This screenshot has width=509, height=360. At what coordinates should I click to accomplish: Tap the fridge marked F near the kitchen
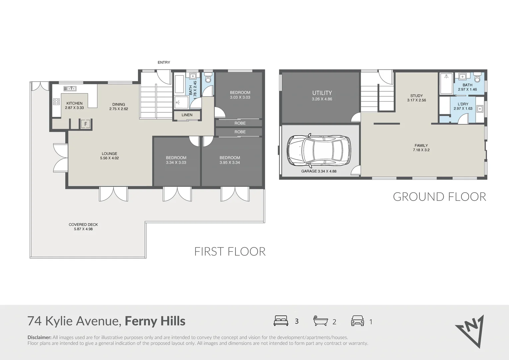pyautogui.click(x=86, y=124)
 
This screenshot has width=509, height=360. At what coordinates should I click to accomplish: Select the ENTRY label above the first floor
pyautogui.click(x=164, y=62)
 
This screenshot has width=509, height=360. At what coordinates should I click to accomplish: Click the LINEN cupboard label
pyautogui.click(x=187, y=115)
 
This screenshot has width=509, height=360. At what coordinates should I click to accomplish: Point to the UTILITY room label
pyautogui.click(x=322, y=93)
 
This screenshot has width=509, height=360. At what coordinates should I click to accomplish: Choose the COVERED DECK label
pyautogui.click(x=83, y=224)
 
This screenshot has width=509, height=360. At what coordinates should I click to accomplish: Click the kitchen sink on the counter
pyautogui.click(x=70, y=88)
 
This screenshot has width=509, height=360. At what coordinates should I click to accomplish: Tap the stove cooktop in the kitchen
pyautogui.click(x=56, y=102)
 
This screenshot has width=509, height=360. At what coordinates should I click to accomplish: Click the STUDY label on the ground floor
pyautogui.click(x=416, y=96)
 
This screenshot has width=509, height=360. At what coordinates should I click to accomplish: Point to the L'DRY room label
pyautogui.click(x=463, y=104)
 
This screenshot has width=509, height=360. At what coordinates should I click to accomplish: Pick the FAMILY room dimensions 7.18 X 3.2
pyautogui.click(x=421, y=150)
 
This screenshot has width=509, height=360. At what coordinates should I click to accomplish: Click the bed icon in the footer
pyautogui.click(x=281, y=321)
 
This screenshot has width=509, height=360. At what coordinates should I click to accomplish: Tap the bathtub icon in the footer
pyautogui.click(x=320, y=321)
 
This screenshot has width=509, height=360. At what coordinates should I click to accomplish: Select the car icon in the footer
pyautogui.click(x=357, y=321)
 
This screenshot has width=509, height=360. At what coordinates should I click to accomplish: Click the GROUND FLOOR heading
pyautogui.click(x=439, y=197)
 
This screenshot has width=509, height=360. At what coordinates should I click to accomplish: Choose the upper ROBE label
pyautogui.click(x=240, y=123)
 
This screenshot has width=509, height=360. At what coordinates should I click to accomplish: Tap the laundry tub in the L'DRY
pyautogui.click(x=480, y=109)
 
